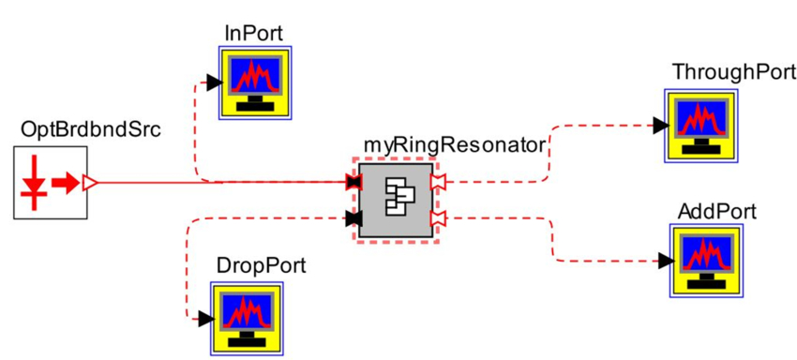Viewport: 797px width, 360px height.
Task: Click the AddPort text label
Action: [x=716, y=209]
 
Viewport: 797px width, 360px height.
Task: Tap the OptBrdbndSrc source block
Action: [x=43, y=182]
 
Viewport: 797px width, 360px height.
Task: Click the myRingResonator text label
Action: [x=453, y=145]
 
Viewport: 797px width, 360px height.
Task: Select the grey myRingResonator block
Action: [x=395, y=200]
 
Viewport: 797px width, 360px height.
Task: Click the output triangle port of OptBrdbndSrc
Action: [x=90, y=182]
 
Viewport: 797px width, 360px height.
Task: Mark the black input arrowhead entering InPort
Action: [x=213, y=82]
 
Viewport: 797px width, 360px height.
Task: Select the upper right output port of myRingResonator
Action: [x=437, y=181]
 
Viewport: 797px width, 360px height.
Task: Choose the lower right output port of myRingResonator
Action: [x=437, y=218]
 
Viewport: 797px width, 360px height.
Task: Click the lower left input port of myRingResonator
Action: [x=353, y=218]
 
